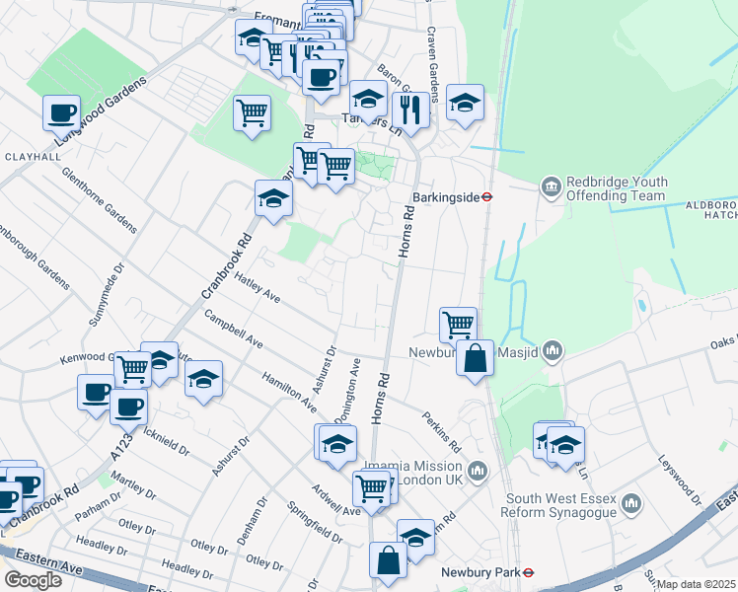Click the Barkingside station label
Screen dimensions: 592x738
point(452,195)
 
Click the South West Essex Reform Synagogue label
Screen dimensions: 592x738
point(559,506)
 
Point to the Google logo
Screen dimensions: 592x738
point(33,579)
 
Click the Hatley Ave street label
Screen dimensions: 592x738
point(258,288)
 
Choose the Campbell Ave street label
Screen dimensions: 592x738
point(234,330)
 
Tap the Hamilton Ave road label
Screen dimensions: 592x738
point(289,392)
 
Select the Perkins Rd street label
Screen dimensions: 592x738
point(442,433)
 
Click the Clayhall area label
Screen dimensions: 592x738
point(33,156)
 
